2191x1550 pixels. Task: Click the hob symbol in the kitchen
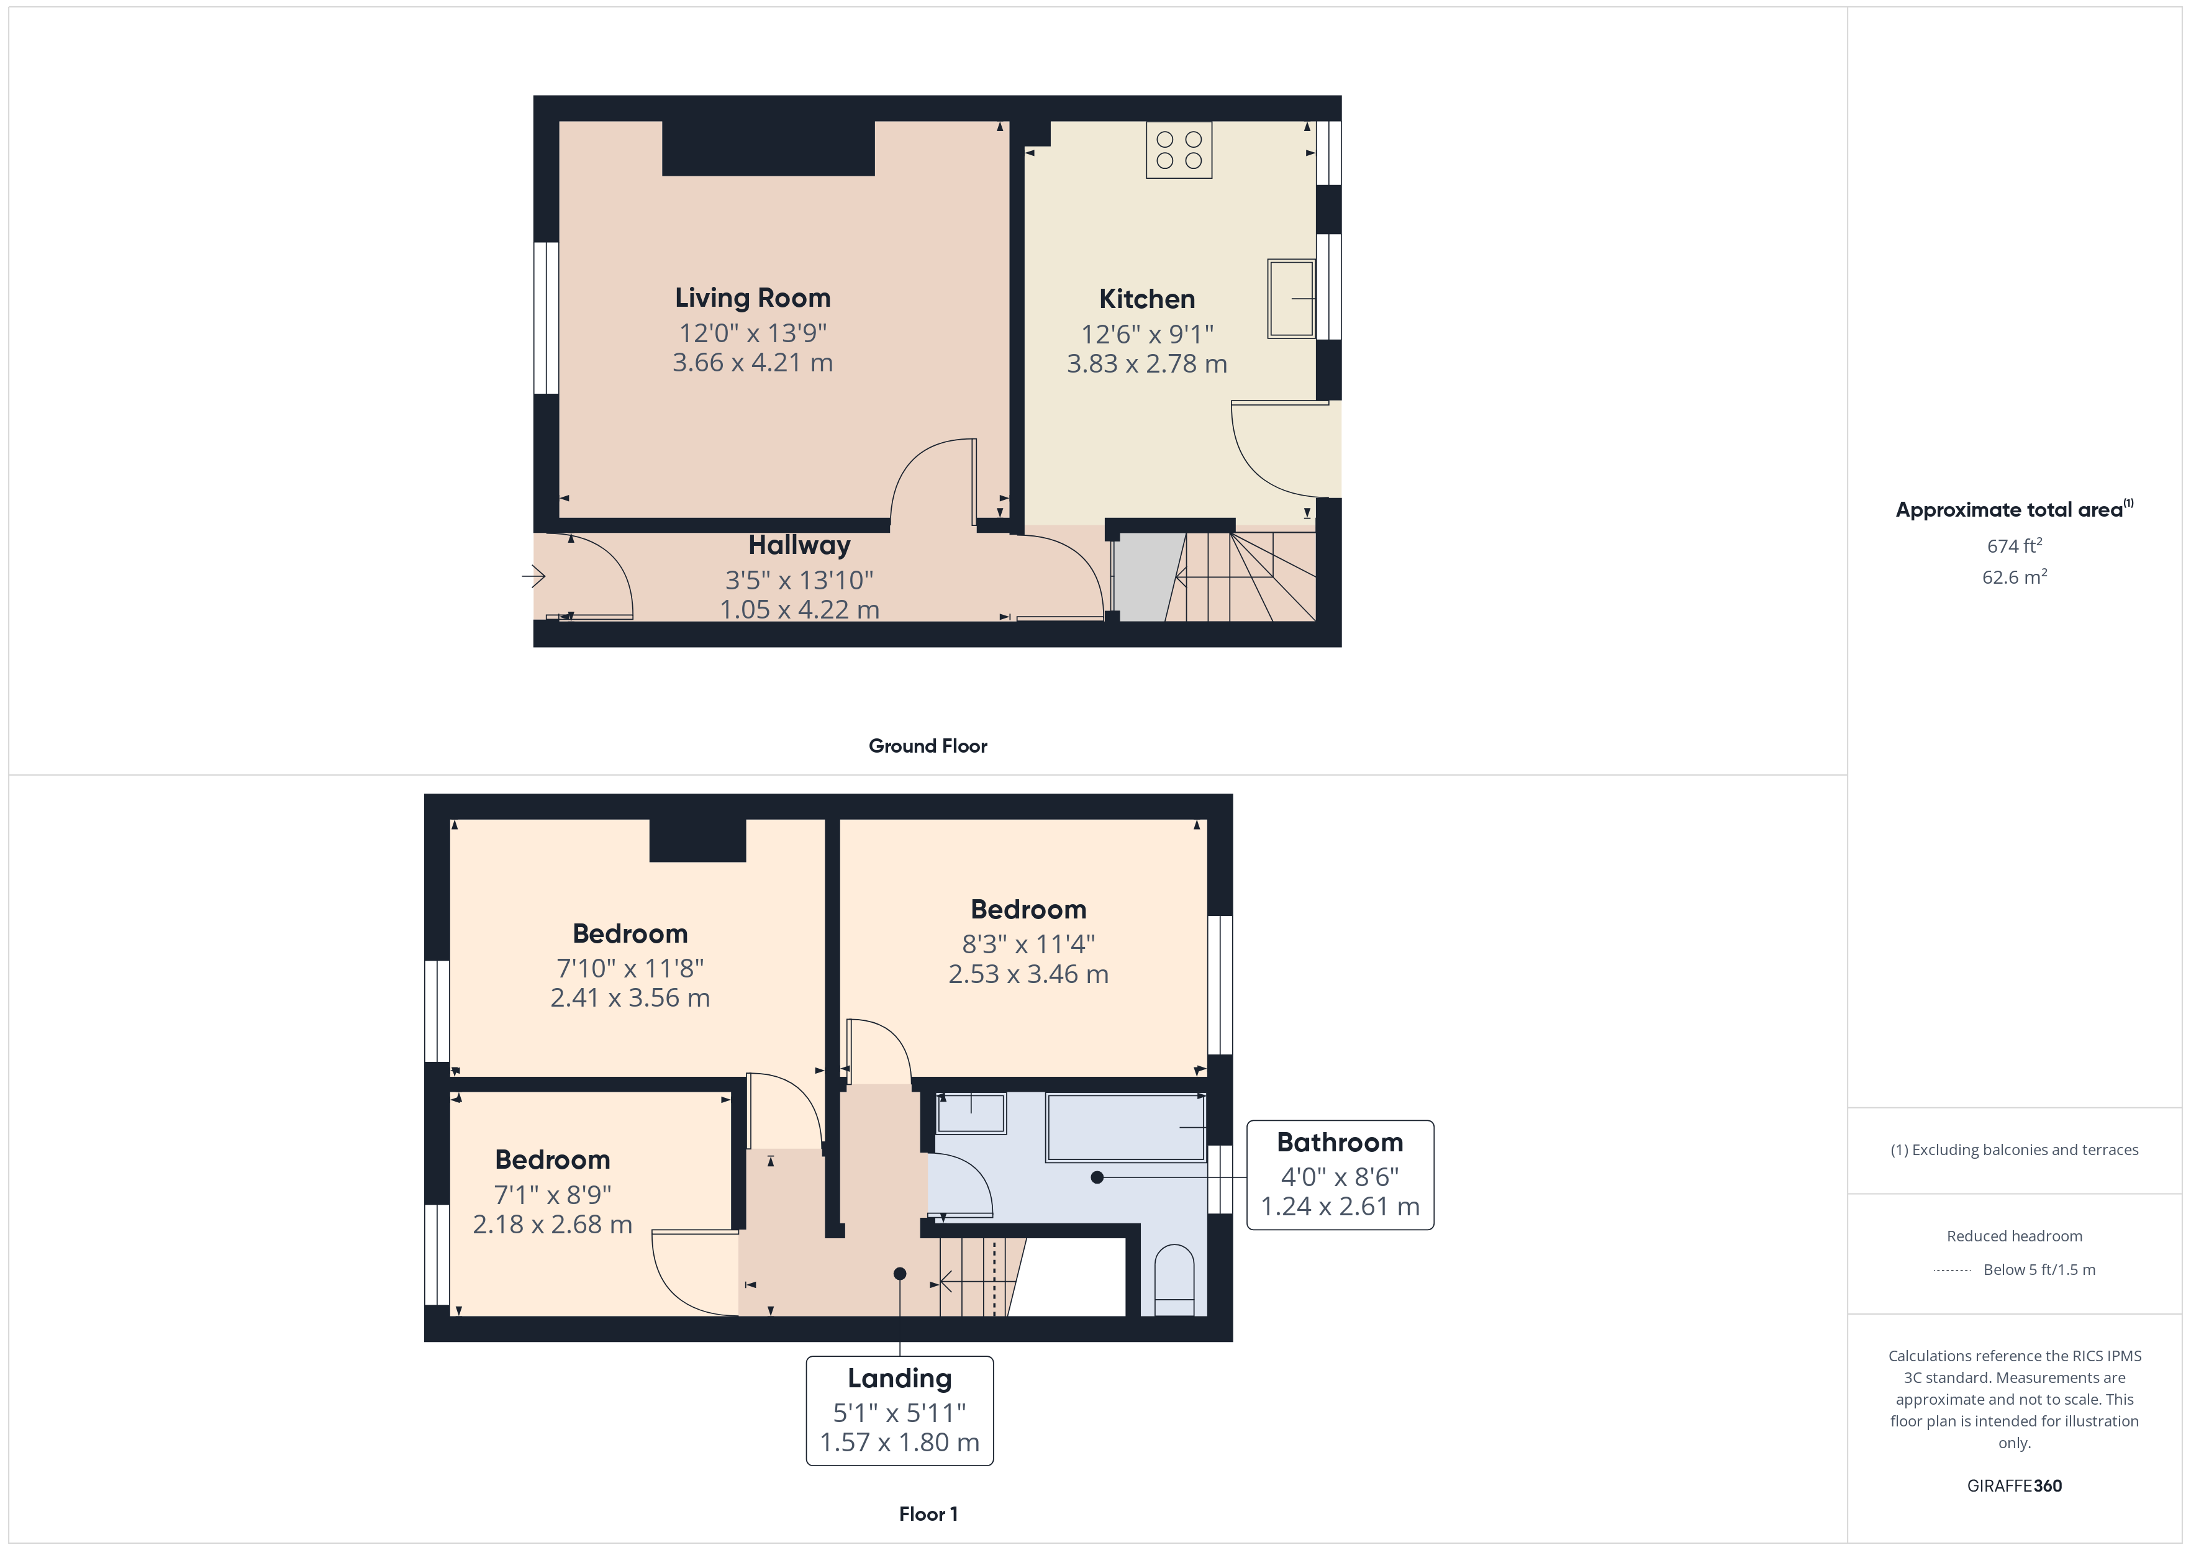coord(1179,150)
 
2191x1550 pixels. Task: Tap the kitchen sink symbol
coord(1291,298)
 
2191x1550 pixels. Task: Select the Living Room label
coord(752,298)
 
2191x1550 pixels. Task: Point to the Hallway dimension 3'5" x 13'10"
coord(799,579)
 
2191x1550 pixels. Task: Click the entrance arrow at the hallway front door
coord(532,576)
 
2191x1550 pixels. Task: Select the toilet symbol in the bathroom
coord(1174,1281)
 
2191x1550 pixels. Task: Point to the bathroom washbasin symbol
coord(971,1113)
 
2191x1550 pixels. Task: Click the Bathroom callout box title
coord(1339,1143)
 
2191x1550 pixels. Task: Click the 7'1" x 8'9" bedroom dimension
coord(553,1194)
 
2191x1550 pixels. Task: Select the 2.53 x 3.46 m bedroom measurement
coord(1028,974)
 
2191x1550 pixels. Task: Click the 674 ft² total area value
coord(2013,546)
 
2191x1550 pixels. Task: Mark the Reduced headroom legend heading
coord(2013,1236)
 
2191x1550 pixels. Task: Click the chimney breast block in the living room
coord(768,148)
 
